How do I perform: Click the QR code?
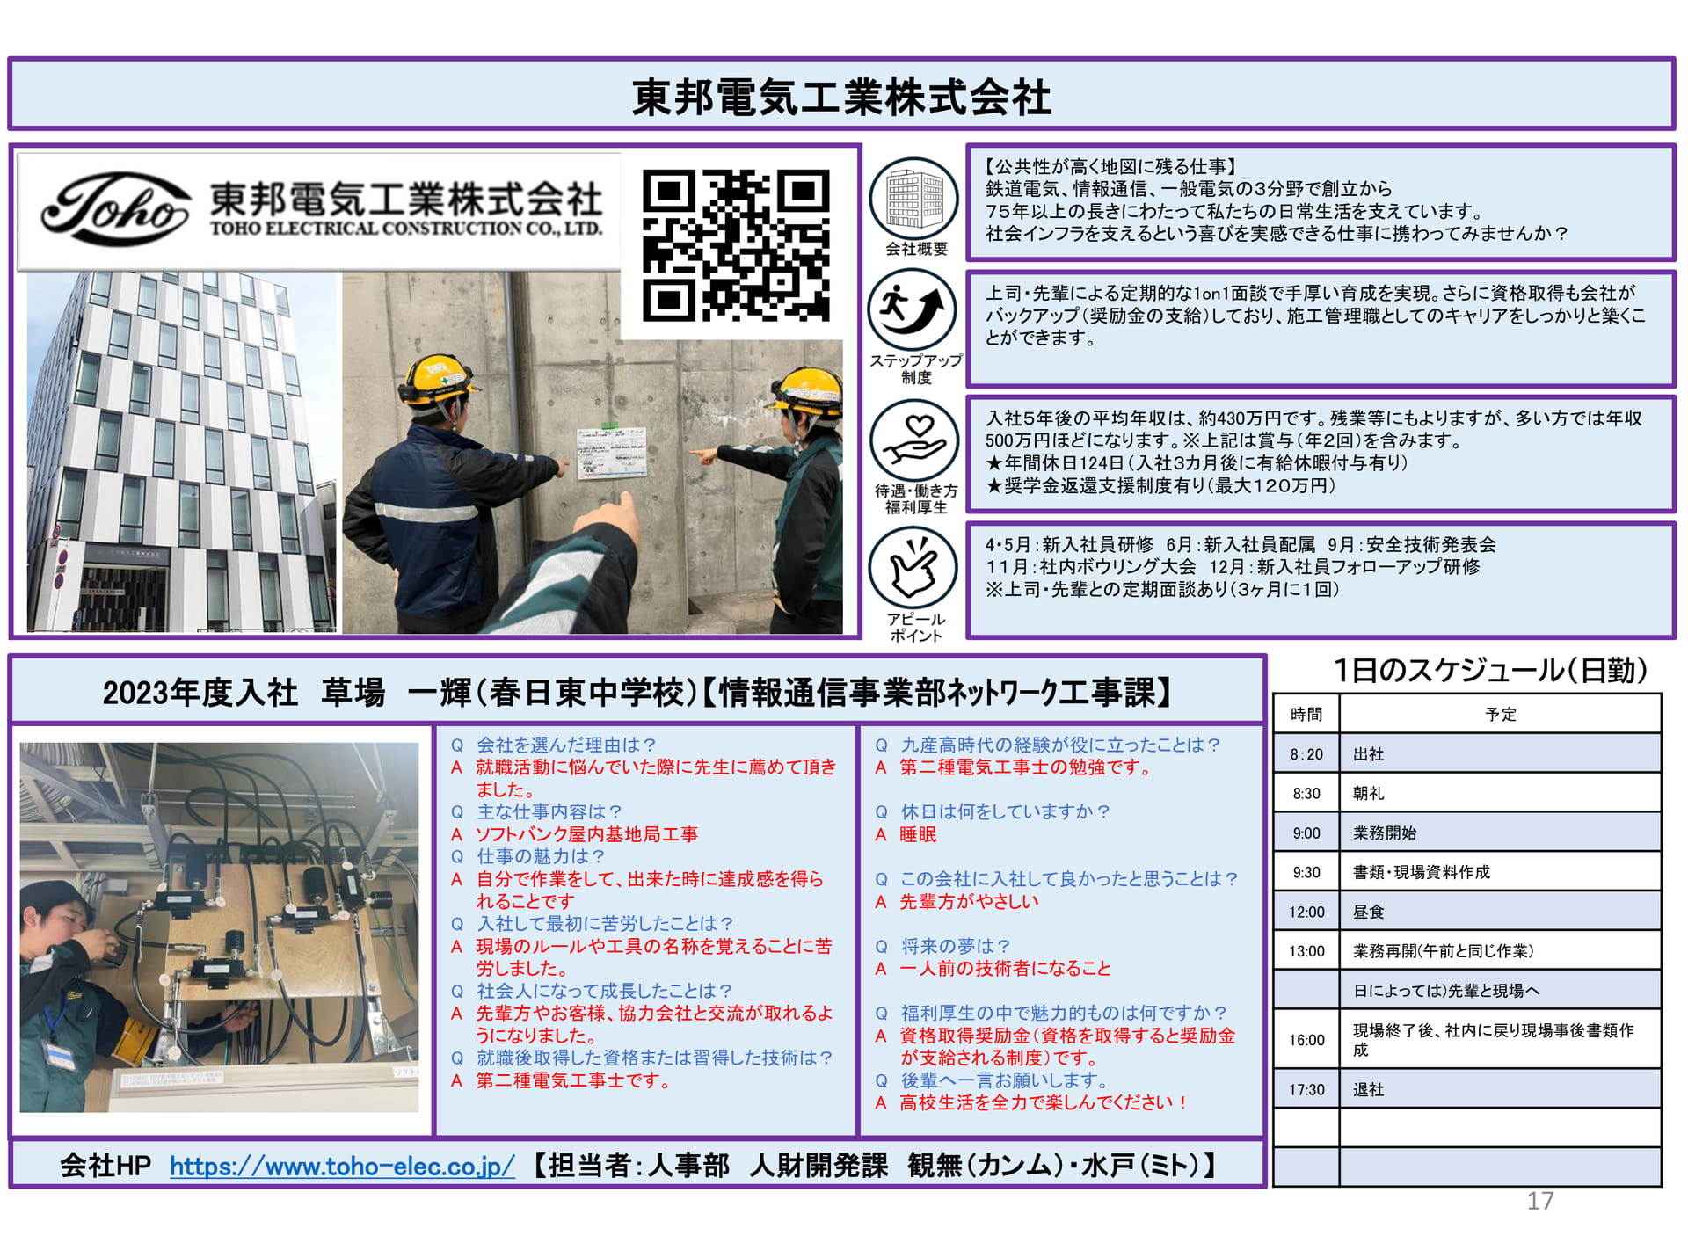point(736,245)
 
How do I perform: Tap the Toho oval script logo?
point(115,208)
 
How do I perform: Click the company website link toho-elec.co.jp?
point(342,1166)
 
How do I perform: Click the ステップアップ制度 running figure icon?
point(913,310)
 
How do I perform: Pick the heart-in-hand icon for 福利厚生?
point(914,440)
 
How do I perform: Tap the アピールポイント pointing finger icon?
point(913,567)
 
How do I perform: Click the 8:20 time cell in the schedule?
point(1306,754)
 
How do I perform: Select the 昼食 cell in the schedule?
point(1500,912)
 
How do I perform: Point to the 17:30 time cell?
point(1306,1089)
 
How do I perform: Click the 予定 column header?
point(1500,714)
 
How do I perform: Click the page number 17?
point(1540,1201)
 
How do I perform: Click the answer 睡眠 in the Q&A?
point(918,834)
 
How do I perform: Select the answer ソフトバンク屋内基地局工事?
point(587,834)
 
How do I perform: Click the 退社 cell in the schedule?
point(1500,1089)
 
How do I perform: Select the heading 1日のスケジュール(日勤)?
point(1490,671)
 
